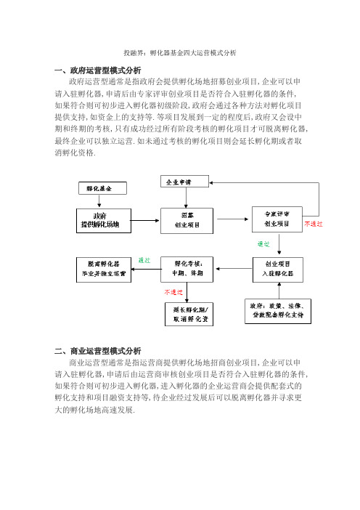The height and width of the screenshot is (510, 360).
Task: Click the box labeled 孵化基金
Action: (x=102, y=188)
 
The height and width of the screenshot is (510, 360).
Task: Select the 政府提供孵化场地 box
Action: (x=104, y=221)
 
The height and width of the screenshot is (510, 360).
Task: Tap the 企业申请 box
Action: (x=184, y=182)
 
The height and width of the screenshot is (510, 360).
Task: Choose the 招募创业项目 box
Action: (x=187, y=221)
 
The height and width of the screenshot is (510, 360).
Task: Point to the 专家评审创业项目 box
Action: (x=277, y=219)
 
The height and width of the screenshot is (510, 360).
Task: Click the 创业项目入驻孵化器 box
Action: (x=278, y=270)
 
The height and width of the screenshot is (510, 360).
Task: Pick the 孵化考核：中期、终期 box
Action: (x=187, y=270)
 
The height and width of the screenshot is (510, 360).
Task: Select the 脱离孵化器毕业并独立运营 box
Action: (x=104, y=270)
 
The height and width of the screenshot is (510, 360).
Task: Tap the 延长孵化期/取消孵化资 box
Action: (x=189, y=314)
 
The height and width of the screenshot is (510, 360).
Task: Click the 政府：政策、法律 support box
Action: (x=278, y=311)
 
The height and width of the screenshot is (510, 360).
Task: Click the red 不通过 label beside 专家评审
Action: (x=314, y=224)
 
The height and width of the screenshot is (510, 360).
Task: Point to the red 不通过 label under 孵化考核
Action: (x=173, y=292)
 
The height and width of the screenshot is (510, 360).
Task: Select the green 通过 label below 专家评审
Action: (x=263, y=244)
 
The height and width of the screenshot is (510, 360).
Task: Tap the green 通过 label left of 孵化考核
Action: (x=144, y=260)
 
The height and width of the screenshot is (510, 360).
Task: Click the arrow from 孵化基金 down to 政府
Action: (x=99, y=201)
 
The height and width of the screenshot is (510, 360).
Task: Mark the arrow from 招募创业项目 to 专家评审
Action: (x=233, y=219)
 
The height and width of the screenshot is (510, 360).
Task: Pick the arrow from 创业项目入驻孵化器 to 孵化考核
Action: (x=234, y=269)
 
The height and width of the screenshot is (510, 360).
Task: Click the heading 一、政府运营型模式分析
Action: (x=98, y=70)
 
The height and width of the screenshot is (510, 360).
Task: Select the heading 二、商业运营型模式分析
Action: (x=98, y=351)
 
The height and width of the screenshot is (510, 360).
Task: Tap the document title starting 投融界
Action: (x=180, y=53)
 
